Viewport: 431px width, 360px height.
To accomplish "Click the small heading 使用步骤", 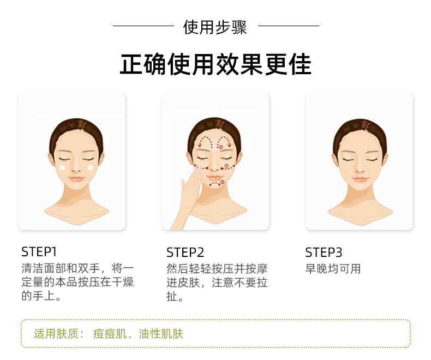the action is pyautogui.click(x=215, y=27).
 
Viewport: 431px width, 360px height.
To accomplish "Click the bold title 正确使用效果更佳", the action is pyautogui.click(x=216, y=64).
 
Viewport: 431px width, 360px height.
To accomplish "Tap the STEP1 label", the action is pyautogui.click(x=39, y=251).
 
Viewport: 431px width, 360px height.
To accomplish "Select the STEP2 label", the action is pyautogui.click(x=185, y=253).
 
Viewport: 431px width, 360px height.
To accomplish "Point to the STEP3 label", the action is pyautogui.click(x=324, y=253).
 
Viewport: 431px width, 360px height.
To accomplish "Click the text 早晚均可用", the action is pyautogui.click(x=333, y=268).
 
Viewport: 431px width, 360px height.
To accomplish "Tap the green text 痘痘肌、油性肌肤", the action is pyautogui.click(x=138, y=334).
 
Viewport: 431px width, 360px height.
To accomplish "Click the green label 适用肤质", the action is pyautogui.click(x=58, y=334).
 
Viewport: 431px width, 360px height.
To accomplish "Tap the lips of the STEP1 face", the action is pyautogui.click(x=76, y=178).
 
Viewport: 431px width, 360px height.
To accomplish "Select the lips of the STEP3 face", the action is pyautogui.click(x=360, y=179).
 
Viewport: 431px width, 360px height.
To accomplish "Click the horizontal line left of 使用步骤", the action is pyautogui.click(x=143, y=26).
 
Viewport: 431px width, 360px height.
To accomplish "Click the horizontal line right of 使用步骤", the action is pyautogui.click(x=289, y=26).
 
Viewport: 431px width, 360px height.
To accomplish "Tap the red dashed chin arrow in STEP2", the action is pyautogui.click(x=217, y=183).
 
